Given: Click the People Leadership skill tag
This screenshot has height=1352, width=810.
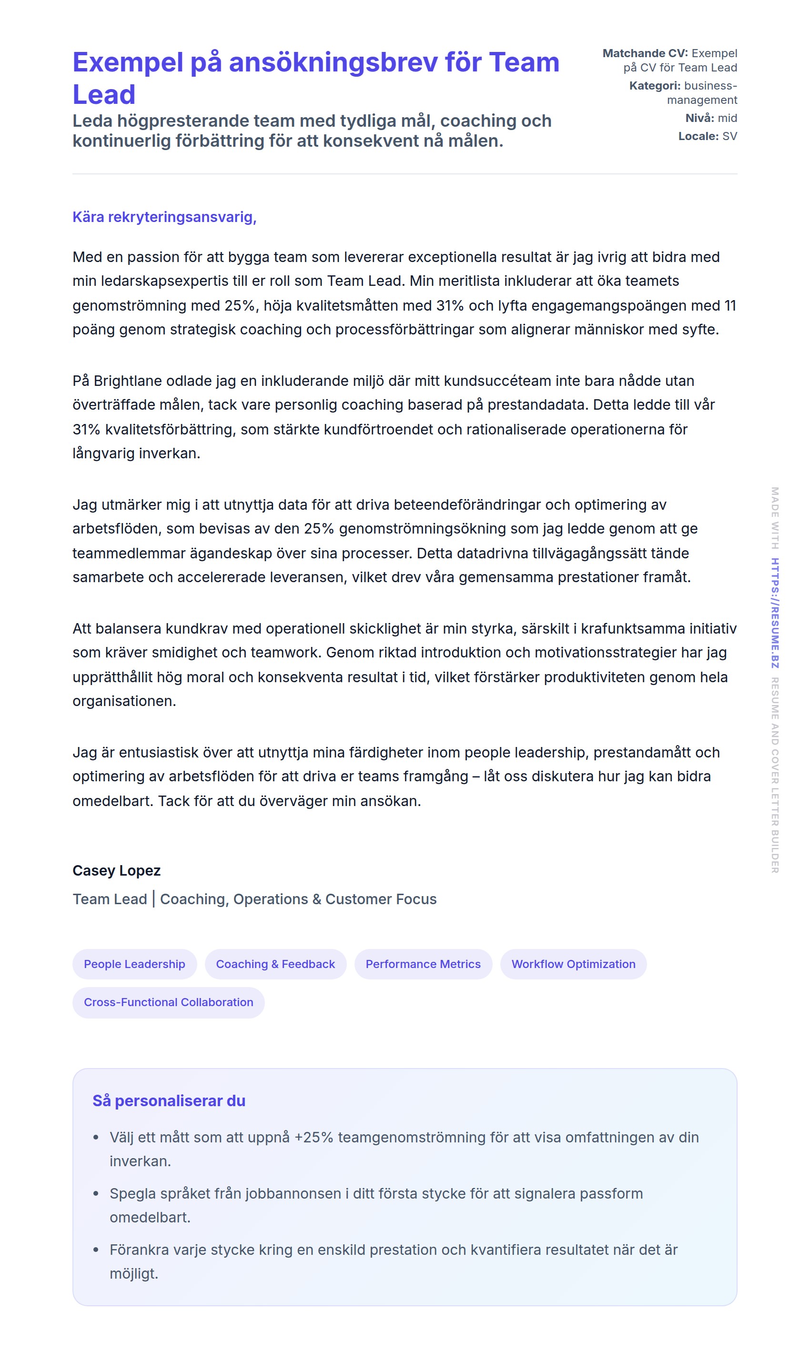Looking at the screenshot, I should coord(134,964).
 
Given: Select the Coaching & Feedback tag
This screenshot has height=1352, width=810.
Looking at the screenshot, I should coord(275,964).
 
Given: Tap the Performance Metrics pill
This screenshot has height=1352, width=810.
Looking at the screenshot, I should coord(423,964).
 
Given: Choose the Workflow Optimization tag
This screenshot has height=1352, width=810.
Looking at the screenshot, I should coord(573,964).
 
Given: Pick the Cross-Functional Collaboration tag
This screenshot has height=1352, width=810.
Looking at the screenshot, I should coord(168,1002).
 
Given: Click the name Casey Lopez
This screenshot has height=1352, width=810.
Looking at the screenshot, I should coord(116,871).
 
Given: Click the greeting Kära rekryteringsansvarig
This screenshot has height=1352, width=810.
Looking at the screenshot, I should coord(164,217).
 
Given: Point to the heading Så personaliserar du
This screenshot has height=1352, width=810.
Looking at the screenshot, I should coord(169,1101).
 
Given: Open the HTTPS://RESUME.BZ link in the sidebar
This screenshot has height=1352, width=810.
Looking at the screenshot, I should coord(775,613).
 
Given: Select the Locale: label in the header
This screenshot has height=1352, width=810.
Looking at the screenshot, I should coord(698,136).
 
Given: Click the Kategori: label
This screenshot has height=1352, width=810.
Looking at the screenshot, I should coord(655,86).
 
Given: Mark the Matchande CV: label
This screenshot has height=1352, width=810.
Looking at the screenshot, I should coord(645,53).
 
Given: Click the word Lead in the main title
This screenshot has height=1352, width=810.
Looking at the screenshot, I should coord(104,94).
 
